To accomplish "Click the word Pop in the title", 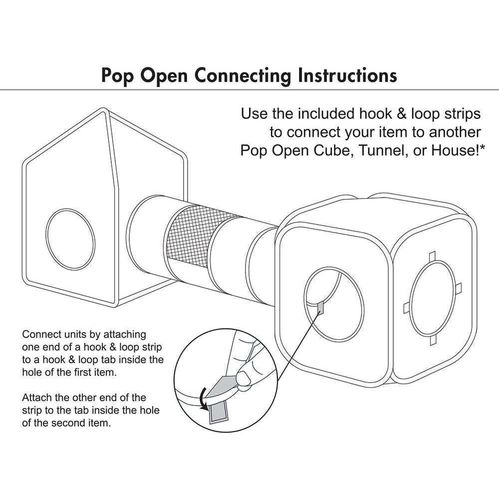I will (118, 75).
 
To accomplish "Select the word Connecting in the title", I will (242, 75).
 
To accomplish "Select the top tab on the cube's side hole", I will (433, 255).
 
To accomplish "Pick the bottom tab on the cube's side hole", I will (433, 341).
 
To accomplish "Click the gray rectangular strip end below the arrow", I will (219, 412).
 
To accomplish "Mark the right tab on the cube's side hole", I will (458, 288).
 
